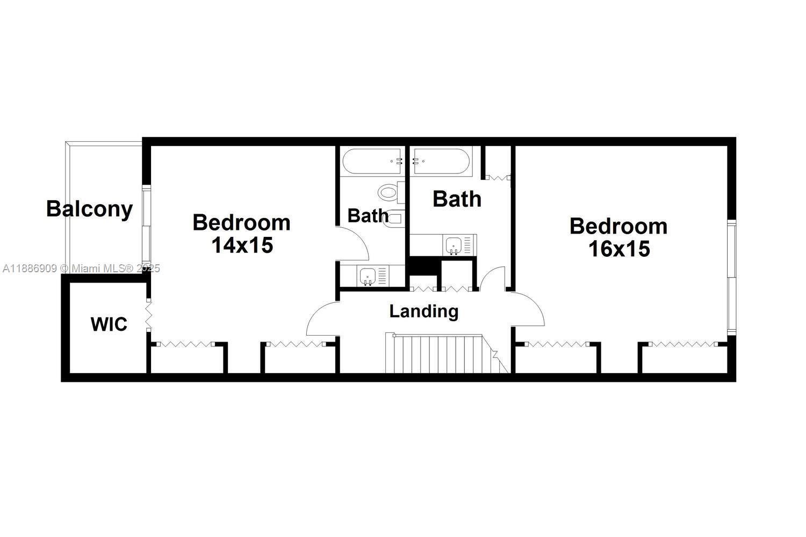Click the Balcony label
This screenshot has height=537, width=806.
tap(89, 209)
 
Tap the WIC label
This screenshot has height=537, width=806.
tap(109, 324)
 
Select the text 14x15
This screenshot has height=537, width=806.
tap(242, 245)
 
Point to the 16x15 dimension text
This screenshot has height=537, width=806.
tap(619, 249)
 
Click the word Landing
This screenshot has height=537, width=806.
tap(423, 311)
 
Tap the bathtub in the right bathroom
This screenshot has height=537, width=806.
tap(441, 161)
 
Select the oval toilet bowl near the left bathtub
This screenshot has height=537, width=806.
tap(387, 192)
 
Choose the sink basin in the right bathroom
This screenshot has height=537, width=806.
tap(454, 245)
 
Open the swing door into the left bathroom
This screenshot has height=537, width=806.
tap(352, 244)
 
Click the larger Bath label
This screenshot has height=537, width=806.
tap(457, 199)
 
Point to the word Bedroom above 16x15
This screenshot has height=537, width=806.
tap(618, 226)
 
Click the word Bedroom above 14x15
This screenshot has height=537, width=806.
tap(241, 222)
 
